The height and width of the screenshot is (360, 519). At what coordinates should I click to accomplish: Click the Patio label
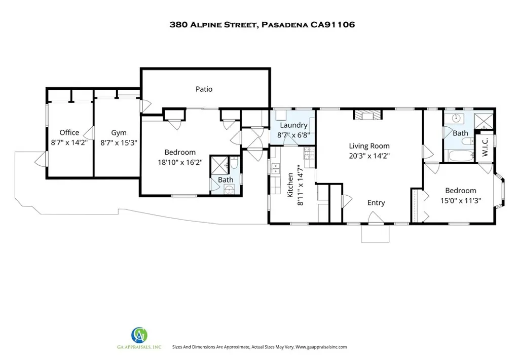click(204, 89)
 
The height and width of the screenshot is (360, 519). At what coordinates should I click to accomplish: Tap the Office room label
click(69, 133)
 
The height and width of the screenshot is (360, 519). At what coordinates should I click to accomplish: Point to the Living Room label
click(368, 146)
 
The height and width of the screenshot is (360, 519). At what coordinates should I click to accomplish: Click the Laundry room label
click(293, 125)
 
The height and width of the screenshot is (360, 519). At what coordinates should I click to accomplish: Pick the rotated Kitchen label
click(290, 185)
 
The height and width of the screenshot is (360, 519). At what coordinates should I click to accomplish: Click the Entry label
click(376, 203)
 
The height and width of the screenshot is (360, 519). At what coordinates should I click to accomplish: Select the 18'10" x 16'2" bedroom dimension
click(180, 163)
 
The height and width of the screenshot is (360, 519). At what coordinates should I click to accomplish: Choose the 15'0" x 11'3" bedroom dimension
click(460, 200)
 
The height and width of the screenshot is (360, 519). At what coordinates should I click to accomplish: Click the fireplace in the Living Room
click(367, 115)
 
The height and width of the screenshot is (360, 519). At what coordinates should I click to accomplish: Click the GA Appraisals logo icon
click(139, 335)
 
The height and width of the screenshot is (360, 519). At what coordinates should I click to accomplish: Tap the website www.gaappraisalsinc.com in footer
click(320, 347)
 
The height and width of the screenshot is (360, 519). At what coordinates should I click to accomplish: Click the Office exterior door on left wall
click(40, 161)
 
